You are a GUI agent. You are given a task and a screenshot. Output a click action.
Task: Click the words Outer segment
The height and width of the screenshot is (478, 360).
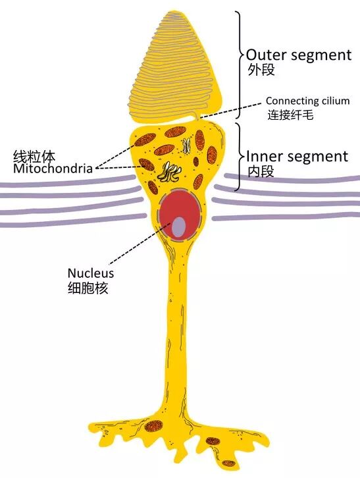298,55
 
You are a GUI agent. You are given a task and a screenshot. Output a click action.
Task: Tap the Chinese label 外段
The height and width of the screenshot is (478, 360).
260,70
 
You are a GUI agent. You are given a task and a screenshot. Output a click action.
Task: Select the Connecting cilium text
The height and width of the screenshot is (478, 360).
307,101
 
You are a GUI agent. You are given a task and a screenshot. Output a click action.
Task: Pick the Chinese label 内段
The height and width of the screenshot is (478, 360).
260,172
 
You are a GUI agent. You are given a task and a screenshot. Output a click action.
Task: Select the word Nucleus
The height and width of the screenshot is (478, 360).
91,273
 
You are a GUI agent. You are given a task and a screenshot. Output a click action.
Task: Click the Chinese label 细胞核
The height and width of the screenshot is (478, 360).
88,288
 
